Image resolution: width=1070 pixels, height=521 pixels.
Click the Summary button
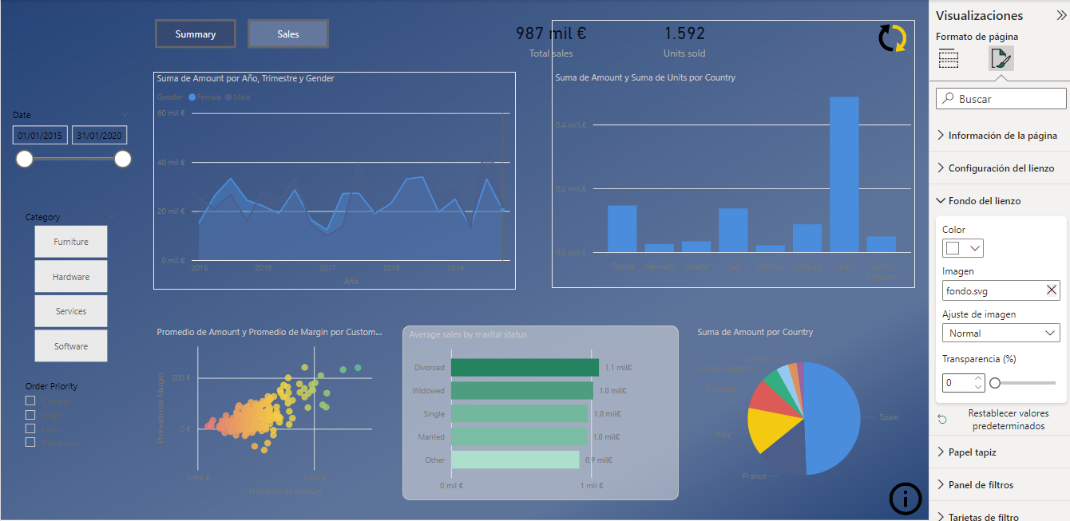click(196, 34)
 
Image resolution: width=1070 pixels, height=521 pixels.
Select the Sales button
click(288, 34)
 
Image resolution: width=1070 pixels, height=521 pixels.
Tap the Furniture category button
click(71, 242)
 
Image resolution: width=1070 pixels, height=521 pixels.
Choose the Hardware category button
click(71, 277)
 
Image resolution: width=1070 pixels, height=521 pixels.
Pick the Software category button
click(71, 346)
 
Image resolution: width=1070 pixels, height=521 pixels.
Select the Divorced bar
click(525, 367)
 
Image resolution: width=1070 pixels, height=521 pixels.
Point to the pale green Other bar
click(514, 460)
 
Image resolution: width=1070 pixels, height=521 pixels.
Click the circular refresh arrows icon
click(892, 38)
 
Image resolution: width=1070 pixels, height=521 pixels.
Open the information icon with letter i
click(905, 499)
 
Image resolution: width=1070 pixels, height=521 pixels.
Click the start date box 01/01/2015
click(40, 136)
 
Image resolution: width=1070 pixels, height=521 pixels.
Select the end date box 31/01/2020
click(100, 136)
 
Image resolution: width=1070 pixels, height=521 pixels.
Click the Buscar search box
click(1001, 99)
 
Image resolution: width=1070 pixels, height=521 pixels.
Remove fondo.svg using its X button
click(1052, 290)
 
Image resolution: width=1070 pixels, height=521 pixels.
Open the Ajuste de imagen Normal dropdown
click(1001, 333)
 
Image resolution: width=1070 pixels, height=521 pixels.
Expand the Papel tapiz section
click(972, 452)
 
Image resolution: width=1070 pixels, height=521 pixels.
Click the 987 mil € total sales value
click(551, 34)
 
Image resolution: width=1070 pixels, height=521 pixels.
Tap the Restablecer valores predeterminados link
click(1008, 420)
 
